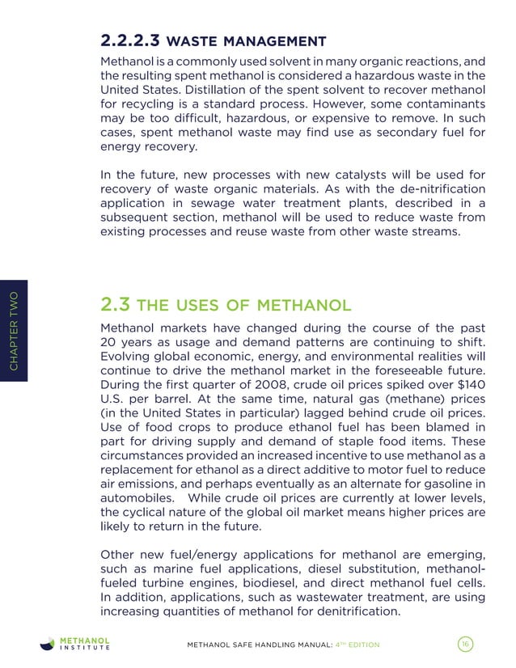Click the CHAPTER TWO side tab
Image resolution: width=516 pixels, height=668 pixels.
click(15, 332)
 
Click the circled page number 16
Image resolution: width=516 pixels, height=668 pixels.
click(464, 644)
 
